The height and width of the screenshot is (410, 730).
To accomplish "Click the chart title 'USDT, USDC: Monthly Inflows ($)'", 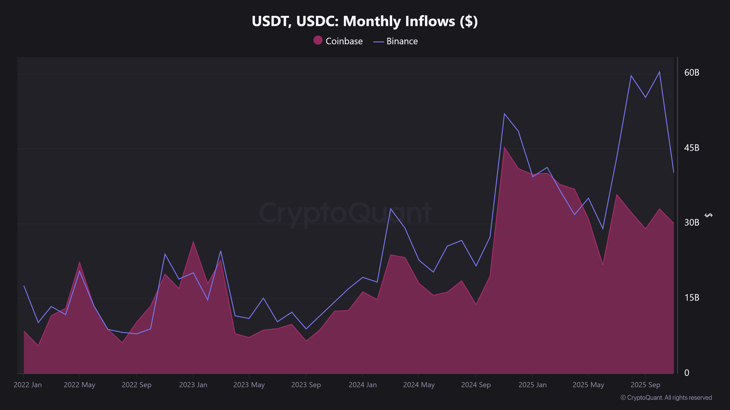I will (365, 21).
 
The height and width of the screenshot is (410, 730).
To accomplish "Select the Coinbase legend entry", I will (338, 41).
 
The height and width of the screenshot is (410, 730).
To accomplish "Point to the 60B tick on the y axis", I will (691, 73).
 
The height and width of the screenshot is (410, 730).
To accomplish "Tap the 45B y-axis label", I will (691, 148).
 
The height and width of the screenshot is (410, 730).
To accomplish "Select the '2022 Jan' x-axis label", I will (28, 385).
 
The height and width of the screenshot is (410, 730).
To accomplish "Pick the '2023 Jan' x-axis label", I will (193, 385).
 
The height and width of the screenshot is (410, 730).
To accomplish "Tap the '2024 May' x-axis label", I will (419, 385).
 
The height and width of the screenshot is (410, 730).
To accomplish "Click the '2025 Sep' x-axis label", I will (645, 385).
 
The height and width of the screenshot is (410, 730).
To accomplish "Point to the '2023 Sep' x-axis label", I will (306, 385).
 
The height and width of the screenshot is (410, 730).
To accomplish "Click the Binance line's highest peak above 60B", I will (659, 72).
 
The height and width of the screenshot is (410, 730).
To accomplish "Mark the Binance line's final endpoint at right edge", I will (673, 172).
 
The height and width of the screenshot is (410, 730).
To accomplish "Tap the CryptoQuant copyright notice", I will (666, 398).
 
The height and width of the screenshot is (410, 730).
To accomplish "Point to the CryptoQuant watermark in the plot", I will (345, 213).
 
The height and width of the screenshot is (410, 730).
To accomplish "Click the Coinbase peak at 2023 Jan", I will (193, 242).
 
